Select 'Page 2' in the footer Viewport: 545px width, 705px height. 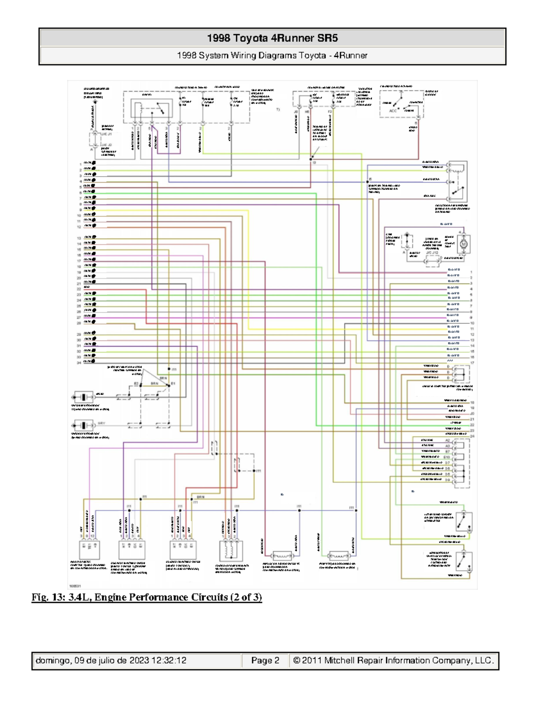(265, 661)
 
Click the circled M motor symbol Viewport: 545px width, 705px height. (464, 244)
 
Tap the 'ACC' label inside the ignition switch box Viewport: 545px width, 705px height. (393, 110)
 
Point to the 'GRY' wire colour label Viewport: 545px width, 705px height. (101, 423)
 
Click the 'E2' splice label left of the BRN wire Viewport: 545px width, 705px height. (136, 384)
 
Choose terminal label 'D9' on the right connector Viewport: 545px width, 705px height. (447, 480)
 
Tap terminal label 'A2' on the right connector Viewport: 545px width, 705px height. (447, 440)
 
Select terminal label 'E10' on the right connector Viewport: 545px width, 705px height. (447, 457)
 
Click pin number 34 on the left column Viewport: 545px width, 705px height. (79, 363)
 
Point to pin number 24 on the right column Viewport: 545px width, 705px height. (472, 436)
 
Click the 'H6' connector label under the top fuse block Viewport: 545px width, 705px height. (307, 111)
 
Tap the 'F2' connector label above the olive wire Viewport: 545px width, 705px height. (330, 111)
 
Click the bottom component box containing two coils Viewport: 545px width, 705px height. (231, 551)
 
